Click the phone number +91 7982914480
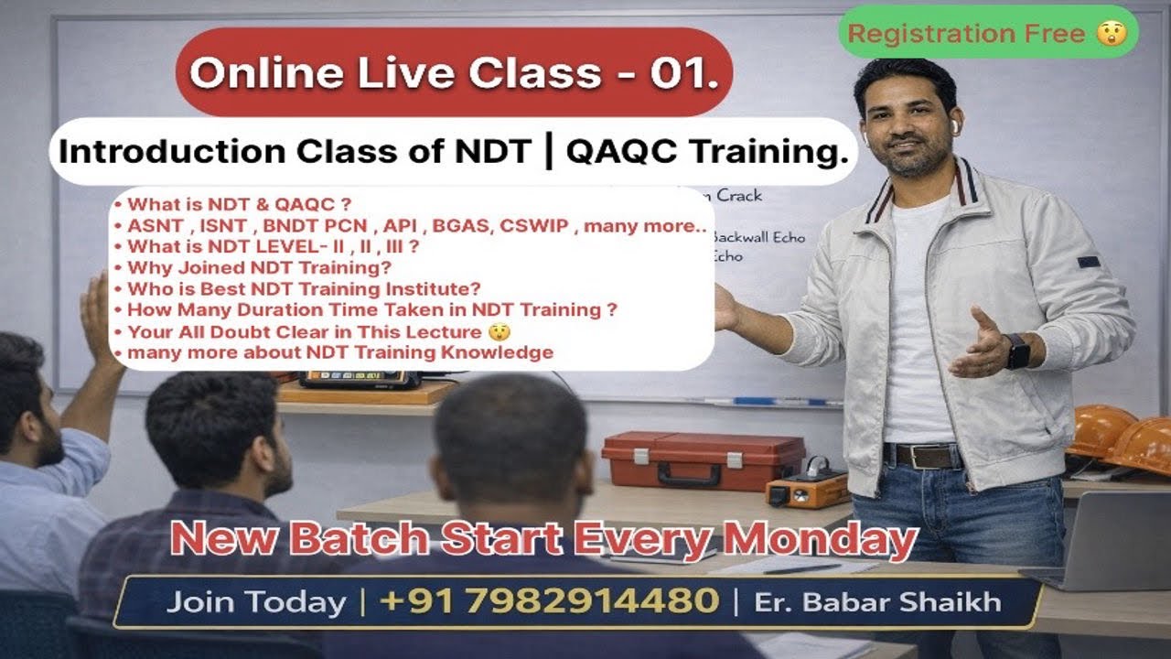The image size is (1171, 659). [x=548, y=601]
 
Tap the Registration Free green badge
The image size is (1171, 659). [x=988, y=33]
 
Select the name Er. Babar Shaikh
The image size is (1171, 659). [x=877, y=602]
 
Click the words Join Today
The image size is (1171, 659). [x=256, y=602]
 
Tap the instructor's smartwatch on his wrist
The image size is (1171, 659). [x=1017, y=351]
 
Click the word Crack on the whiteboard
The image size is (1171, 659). [x=738, y=195]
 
